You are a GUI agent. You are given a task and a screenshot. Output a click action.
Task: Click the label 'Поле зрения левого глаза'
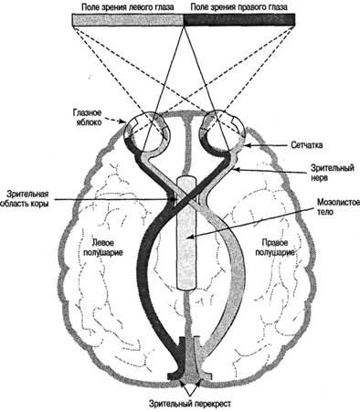128,7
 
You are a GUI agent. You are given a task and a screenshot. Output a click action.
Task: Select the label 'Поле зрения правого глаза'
238,7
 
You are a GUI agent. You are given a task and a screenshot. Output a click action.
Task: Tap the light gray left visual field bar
128,20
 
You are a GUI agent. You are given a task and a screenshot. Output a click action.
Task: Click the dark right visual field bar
239,20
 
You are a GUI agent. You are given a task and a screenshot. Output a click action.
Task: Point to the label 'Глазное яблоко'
87,117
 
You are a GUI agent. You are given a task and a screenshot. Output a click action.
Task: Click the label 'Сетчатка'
307,145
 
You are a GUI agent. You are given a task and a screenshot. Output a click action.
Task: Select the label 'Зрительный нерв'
332,173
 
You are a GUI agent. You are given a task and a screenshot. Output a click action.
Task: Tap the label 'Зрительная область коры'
25,198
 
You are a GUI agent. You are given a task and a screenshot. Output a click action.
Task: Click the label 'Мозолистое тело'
338,206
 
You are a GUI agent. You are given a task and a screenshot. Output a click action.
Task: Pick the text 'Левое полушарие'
103,248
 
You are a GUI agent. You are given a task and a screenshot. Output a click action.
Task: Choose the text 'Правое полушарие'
275,248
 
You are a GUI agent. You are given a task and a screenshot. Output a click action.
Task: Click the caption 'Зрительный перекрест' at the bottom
190,404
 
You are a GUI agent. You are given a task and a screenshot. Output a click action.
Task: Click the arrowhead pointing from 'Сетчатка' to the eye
248,146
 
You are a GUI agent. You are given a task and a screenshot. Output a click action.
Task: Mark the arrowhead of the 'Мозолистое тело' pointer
190,237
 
